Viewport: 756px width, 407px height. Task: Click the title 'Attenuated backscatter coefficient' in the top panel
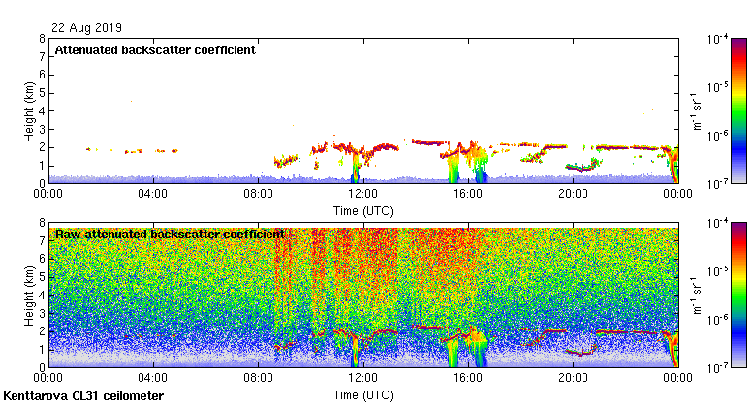(x=155, y=50)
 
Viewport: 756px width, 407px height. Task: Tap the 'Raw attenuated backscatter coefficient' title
(x=170, y=234)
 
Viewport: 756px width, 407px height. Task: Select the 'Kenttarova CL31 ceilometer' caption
(x=84, y=396)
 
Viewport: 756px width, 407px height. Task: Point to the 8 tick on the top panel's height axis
(x=41, y=39)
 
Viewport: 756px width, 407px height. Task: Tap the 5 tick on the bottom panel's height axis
(x=41, y=277)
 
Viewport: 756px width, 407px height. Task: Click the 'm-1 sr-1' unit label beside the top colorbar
(x=696, y=111)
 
